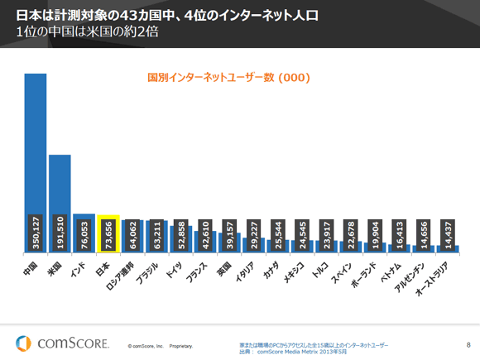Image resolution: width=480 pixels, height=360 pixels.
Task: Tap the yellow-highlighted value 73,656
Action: (108, 234)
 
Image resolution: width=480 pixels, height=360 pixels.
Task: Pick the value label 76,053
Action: (84, 234)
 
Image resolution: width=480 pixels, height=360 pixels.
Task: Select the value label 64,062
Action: (132, 234)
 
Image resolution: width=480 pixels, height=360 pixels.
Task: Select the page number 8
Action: (468, 343)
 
